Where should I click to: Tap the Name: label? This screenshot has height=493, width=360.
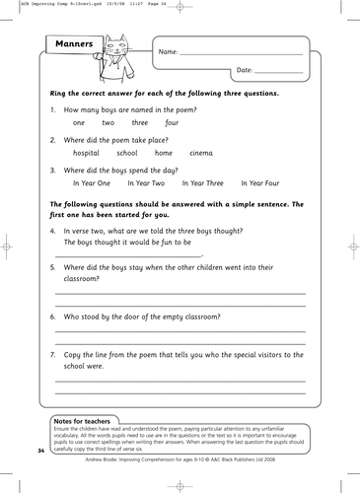click(169, 51)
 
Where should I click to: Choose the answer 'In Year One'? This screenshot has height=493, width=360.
click(94, 183)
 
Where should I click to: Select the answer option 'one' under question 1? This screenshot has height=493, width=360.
click(79, 122)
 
